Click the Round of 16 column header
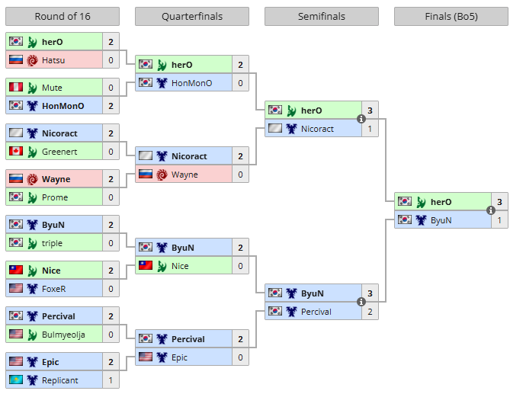(x=63, y=16)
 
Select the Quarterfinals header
(x=191, y=16)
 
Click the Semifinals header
(x=322, y=16)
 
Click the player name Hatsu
(x=53, y=60)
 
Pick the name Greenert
(x=59, y=152)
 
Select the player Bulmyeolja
(x=63, y=335)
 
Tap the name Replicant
(x=60, y=380)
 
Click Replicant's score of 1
(x=111, y=380)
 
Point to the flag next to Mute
(x=15, y=88)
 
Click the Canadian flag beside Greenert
(x=15, y=152)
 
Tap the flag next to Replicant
(x=15, y=380)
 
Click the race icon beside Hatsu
(x=32, y=60)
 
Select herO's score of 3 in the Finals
(x=499, y=202)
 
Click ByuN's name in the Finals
(x=441, y=220)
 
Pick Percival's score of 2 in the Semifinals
(x=370, y=312)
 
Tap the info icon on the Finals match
(x=491, y=210)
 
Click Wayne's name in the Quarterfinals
(x=184, y=175)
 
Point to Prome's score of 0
(x=111, y=197)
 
